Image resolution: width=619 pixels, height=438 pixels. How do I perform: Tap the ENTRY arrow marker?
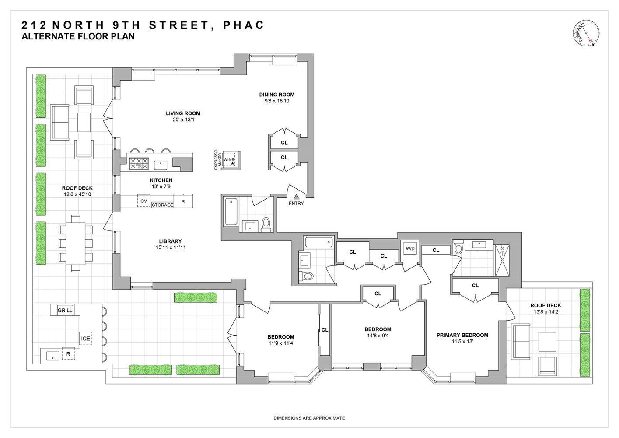pos(296,197)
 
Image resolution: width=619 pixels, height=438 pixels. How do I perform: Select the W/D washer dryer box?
pos(410,249)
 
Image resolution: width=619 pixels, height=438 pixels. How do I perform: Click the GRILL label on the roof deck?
pos(65,311)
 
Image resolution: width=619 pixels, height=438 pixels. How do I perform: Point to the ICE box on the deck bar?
pos(85,339)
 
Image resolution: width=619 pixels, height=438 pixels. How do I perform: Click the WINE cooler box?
pos(229,160)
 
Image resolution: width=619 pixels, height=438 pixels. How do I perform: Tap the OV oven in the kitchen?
pos(143,201)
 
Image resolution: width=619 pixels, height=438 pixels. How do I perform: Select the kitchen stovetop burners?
pos(138,164)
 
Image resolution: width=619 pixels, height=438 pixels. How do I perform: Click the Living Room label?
pos(183,113)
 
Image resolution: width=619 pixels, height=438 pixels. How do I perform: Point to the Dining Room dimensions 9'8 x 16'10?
pos(277,101)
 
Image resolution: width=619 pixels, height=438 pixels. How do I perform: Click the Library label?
pos(170,241)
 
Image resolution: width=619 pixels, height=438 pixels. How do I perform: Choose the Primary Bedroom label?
pos(462,335)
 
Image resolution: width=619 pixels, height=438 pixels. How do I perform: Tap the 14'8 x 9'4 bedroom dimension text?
pos(378,336)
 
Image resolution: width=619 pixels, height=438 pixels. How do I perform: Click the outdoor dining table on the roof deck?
pos(76,243)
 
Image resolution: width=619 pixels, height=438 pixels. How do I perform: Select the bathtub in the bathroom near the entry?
pos(231,212)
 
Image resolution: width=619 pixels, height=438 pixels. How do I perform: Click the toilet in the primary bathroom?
pos(458,248)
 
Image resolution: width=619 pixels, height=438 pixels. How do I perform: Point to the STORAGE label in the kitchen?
pos(162,205)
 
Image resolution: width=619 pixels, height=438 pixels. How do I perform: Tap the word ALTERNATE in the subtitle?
pos(49,37)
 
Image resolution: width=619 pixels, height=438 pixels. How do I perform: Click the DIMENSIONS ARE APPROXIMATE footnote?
pos(309,418)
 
